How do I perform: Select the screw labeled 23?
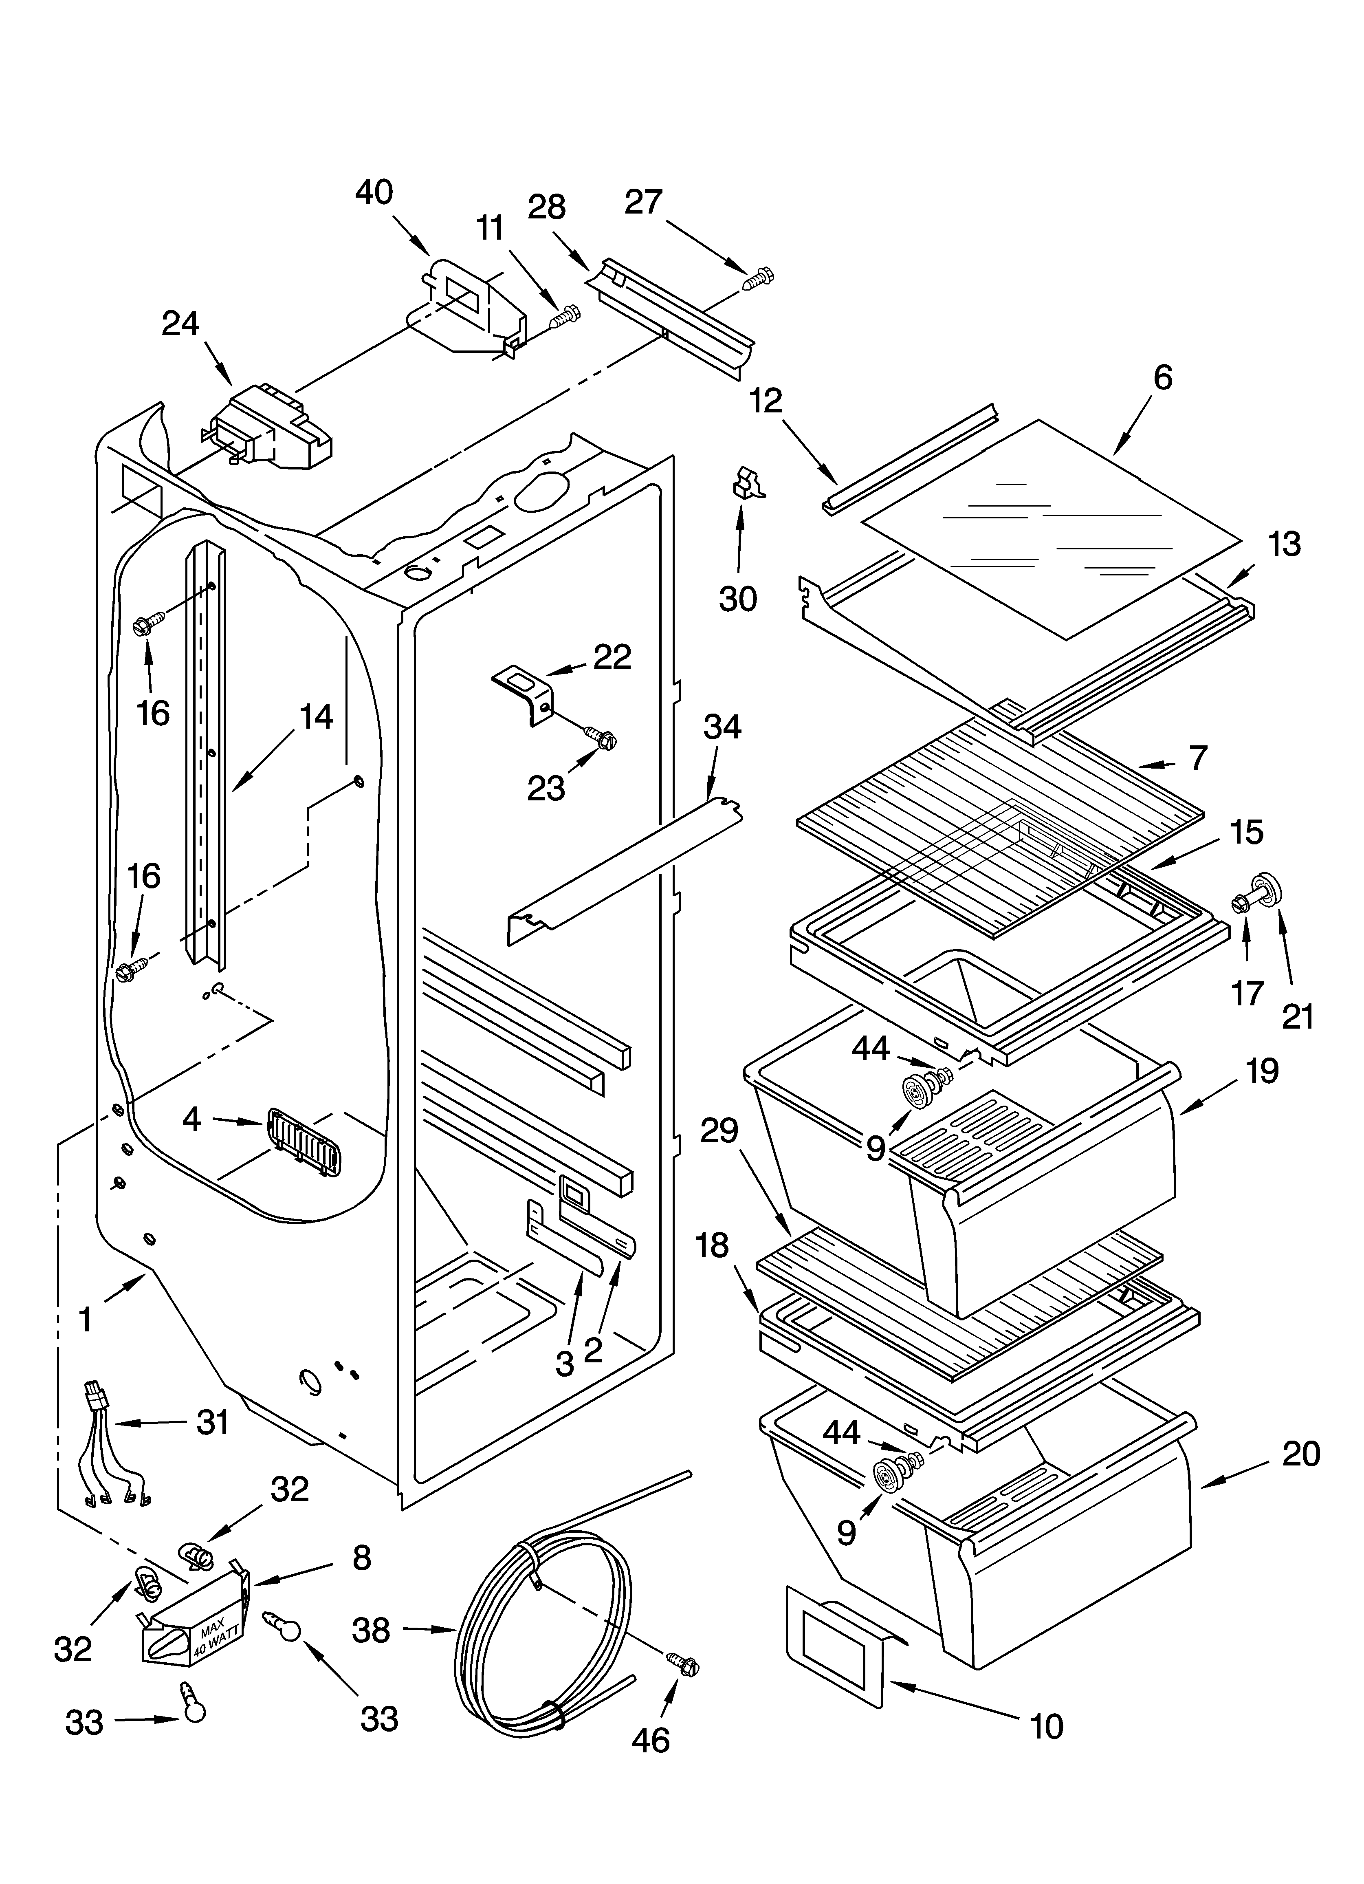[601, 736]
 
